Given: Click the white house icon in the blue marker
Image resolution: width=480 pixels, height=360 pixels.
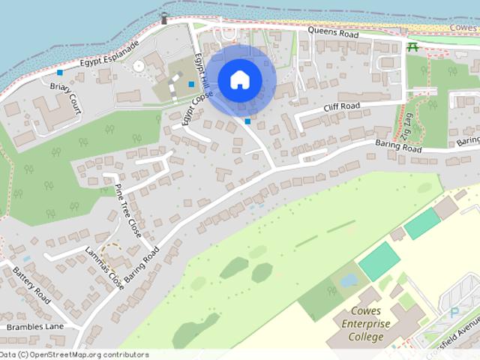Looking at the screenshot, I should pos(238,79).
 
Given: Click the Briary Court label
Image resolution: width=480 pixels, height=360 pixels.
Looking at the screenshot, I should pos(65,98).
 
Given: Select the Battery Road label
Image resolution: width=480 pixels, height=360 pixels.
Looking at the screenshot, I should pos(31,286).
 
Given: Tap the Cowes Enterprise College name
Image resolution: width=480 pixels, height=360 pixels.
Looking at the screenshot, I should pos(367,323).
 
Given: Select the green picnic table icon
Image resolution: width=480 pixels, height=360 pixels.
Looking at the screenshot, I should pos(412,48).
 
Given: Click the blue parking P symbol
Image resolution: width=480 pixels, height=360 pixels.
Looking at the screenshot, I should pos(454,312).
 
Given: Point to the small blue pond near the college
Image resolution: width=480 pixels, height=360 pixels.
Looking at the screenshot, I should pos(349,280).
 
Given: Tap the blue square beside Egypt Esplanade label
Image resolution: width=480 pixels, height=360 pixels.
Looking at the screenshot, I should pos(60,73).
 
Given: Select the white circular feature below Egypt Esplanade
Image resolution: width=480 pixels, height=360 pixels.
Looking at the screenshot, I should pos(138,67).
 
